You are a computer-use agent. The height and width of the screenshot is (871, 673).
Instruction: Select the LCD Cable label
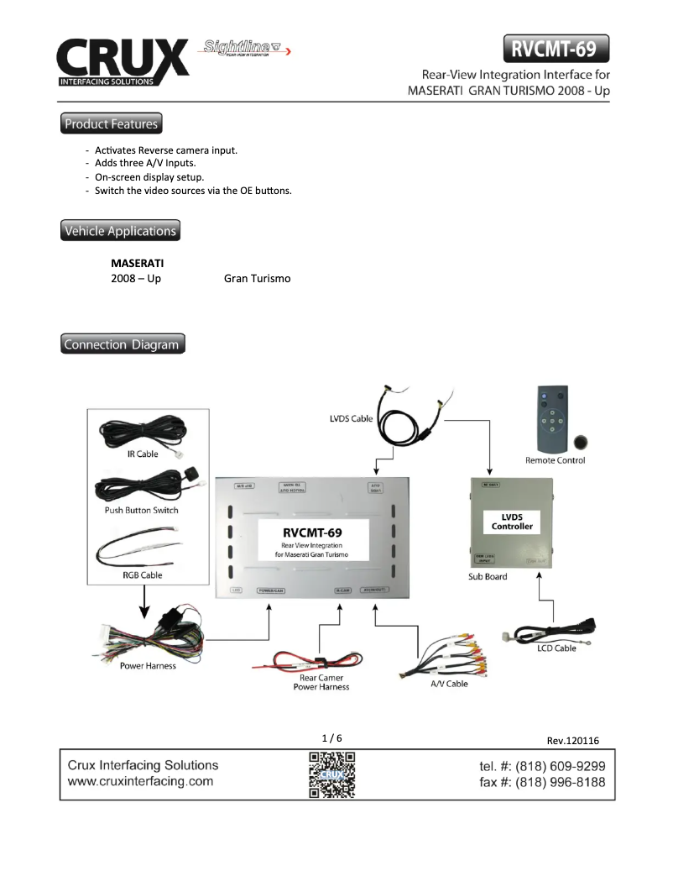click(556, 648)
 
